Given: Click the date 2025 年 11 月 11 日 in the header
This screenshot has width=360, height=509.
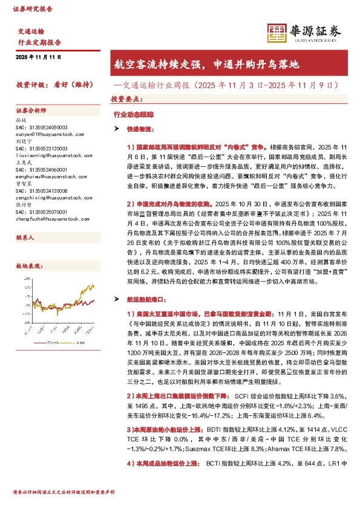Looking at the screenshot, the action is [x=39, y=56].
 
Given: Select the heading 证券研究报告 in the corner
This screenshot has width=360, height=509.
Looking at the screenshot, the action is [x=32, y=10].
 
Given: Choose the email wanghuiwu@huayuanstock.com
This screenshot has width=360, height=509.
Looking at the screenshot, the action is [x=45, y=172].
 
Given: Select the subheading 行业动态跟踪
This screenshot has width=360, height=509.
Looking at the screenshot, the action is [x=129, y=113].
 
